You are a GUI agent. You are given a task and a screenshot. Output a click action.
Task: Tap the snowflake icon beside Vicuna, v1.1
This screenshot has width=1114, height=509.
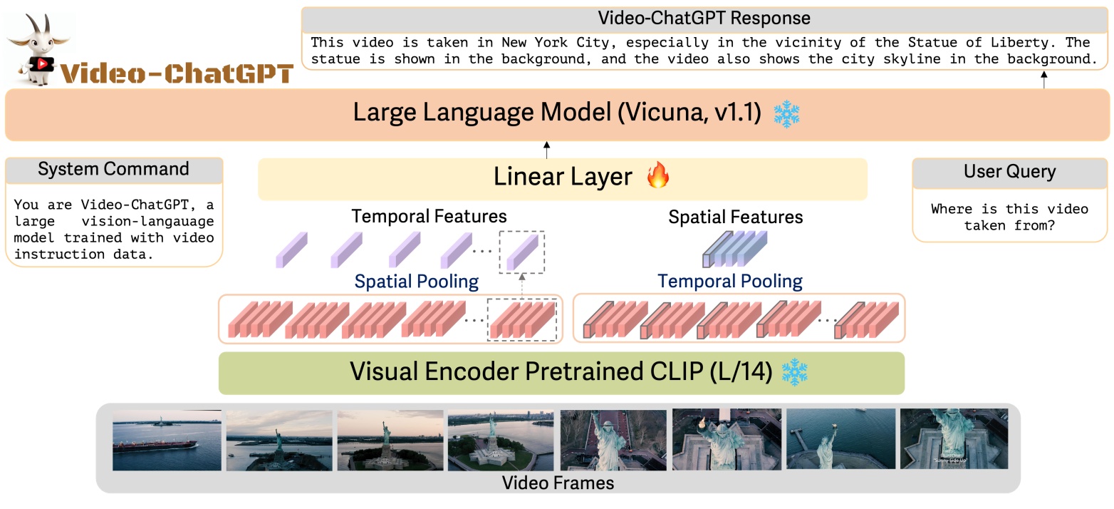tap(786, 114)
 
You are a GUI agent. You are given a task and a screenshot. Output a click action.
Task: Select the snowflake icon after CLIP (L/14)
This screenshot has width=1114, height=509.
tap(795, 372)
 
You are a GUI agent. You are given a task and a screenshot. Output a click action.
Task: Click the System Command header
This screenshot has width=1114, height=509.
tap(113, 170)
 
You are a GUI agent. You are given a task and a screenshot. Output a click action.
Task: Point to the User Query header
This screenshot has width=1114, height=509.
tap(1009, 172)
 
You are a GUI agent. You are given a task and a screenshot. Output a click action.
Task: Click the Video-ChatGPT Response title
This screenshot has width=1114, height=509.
tap(704, 18)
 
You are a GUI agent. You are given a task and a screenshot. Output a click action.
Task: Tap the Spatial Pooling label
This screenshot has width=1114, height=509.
tap(417, 282)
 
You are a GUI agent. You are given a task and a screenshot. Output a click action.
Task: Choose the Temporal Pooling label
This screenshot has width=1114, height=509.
tap(729, 282)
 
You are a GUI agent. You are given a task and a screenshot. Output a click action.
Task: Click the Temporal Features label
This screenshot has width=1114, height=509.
tap(429, 217)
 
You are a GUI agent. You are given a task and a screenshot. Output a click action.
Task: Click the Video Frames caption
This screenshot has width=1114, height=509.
tap(558, 483)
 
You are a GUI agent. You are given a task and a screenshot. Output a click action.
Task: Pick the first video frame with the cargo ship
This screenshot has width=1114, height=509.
tap(167, 440)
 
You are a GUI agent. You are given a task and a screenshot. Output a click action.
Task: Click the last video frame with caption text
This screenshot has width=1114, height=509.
tap(954, 438)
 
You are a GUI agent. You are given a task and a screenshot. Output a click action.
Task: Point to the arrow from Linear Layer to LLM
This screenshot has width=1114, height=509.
tap(546, 150)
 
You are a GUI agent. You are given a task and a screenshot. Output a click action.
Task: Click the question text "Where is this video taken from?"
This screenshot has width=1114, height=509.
tap(1009, 217)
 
